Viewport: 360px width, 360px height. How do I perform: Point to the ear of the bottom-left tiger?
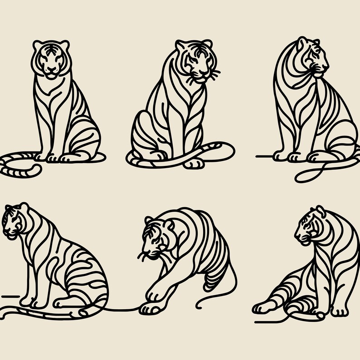(x=23, y=208)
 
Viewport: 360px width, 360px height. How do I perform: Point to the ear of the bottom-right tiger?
(x=320, y=210)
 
